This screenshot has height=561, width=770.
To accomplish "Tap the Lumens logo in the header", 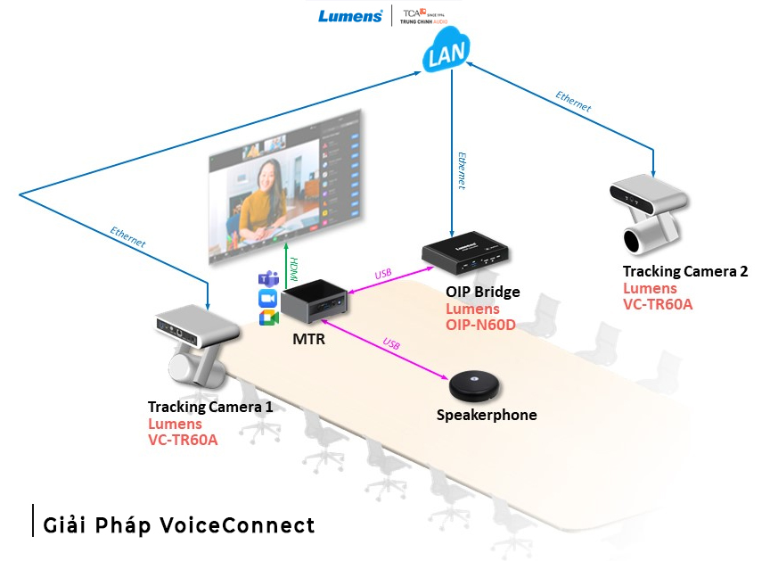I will point(350,16).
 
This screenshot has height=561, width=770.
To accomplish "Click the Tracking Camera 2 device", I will point(649,210).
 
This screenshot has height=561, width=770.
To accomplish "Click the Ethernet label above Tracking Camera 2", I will point(573,101).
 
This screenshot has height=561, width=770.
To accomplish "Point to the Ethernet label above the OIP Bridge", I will point(462,169).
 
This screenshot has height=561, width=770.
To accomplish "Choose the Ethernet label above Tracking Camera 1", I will point(127,236).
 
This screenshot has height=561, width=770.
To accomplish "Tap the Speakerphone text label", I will point(486,416).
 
